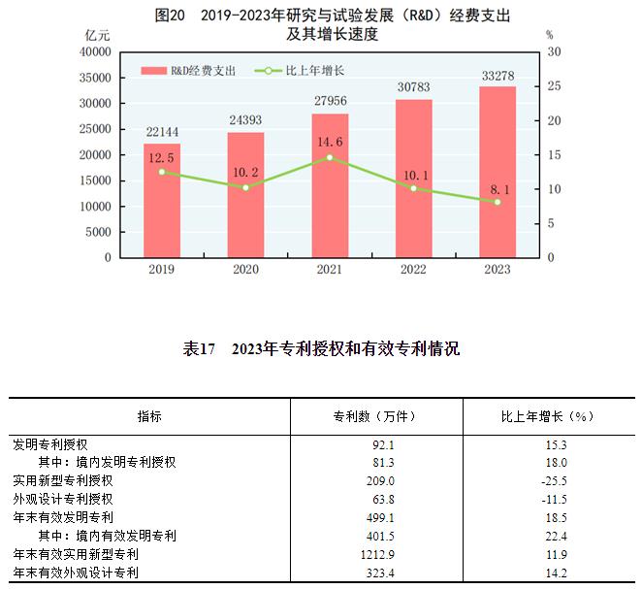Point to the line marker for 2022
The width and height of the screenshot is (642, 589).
(414, 188)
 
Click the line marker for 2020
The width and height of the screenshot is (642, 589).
(246, 187)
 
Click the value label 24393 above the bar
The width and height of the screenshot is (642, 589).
(245, 120)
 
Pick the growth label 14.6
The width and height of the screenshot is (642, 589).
(330, 140)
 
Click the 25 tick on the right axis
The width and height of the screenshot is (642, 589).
(551, 86)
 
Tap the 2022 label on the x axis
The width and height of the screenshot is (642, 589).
(414, 270)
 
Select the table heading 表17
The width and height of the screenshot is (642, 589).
(198, 349)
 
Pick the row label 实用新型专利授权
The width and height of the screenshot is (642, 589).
(63, 480)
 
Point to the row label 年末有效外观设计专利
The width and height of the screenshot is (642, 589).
(76, 573)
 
